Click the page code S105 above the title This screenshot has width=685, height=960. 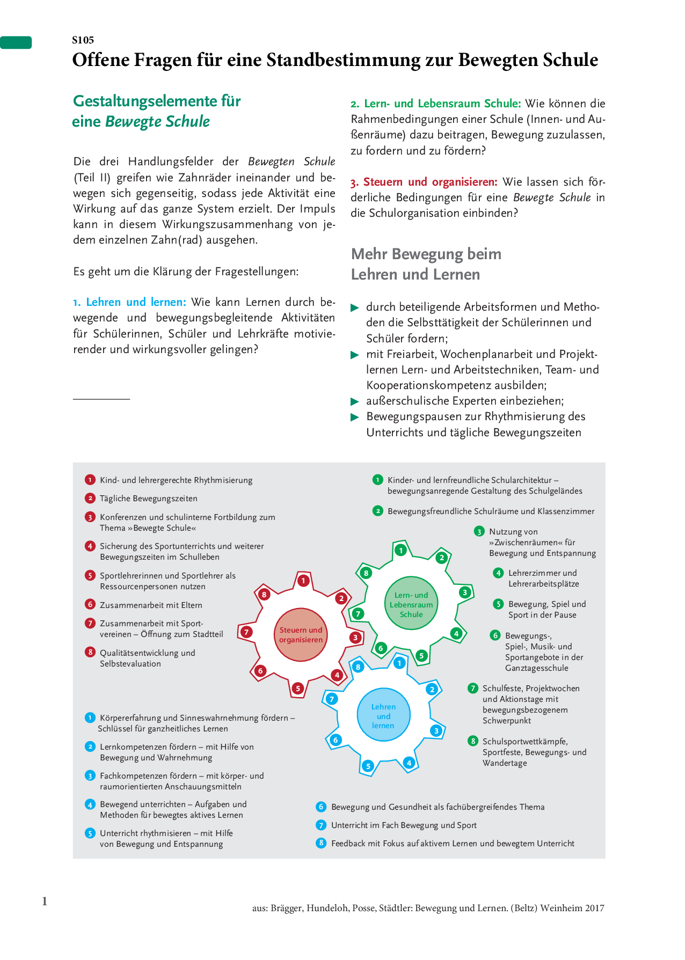coord(83,40)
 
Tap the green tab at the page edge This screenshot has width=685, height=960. coord(16,42)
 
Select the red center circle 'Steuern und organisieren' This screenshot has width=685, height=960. coord(301,635)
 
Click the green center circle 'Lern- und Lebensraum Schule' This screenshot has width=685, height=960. coord(411,604)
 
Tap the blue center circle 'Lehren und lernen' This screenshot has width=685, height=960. coord(383,716)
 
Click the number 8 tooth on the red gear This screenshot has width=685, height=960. coord(264,595)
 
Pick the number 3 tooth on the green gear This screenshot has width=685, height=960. coord(465,592)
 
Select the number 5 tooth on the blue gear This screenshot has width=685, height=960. coord(368,766)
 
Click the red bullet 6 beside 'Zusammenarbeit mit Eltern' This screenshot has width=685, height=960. coord(90,605)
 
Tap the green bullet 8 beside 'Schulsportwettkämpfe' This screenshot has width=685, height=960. coord(472,741)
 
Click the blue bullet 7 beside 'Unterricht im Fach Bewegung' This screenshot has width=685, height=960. coord(321,825)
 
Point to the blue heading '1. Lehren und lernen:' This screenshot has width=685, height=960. coord(129,302)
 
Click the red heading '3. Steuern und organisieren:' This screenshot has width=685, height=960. coord(424,182)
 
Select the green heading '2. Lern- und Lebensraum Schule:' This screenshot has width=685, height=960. coord(435,104)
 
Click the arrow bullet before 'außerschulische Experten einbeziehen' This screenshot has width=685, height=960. coord(355,401)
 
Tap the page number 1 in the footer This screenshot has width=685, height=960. coord(45,901)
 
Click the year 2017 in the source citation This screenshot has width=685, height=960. coord(594,908)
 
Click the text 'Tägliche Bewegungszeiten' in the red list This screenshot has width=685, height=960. coord(149,499)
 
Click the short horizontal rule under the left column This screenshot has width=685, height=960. coord(101,399)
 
